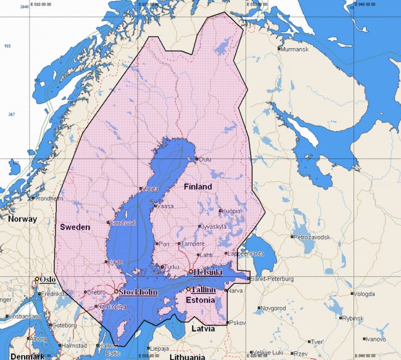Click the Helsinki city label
click(207, 272)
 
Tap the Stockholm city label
click(137, 292)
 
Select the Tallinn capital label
click(204, 290)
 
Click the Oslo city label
click(48, 279)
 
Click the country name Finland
click(197, 187)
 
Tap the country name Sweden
click(75, 227)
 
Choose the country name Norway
click(22, 219)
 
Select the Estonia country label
click(200, 300)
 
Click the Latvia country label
click(202, 329)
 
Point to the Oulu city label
click(205, 159)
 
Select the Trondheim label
click(49, 198)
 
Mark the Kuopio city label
click(231, 211)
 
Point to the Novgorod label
click(273, 307)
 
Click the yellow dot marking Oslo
click(37, 279)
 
